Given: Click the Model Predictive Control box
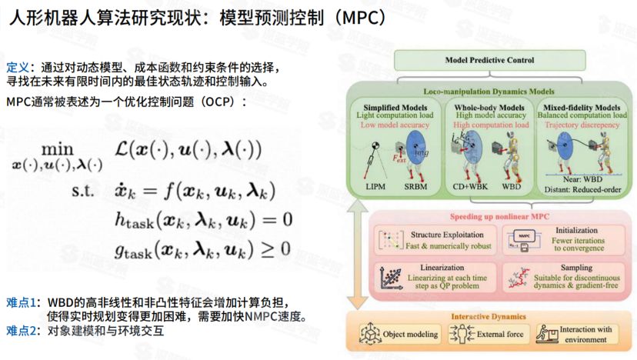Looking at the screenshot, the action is [x=489, y=60].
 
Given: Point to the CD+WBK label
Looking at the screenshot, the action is [x=468, y=186].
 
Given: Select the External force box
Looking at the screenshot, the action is [x=489, y=335].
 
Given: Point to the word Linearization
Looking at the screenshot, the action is [x=438, y=268].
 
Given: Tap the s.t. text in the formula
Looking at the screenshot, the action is [x=82, y=189].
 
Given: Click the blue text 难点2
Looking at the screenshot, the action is [x=22, y=332].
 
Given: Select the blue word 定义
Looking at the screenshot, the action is [x=17, y=67].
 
